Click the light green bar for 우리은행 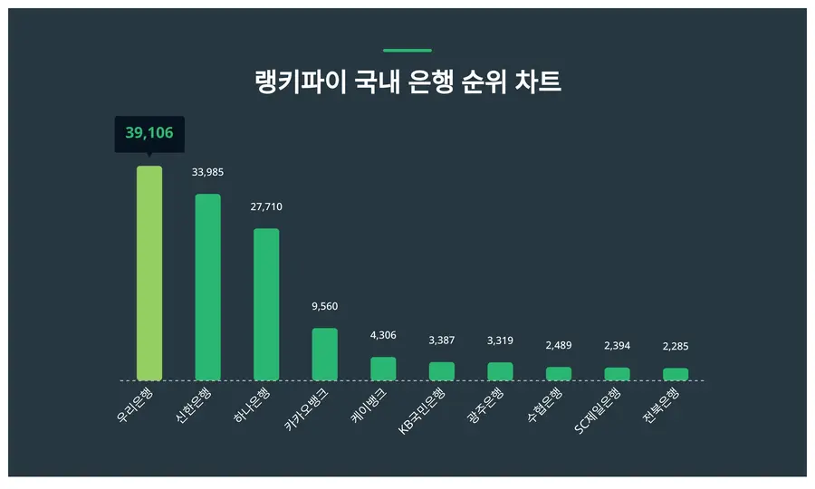click(x=149, y=273)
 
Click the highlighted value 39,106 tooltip click(x=149, y=134)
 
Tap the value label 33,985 click(x=208, y=172)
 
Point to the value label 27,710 click(x=266, y=206)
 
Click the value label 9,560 click(x=324, y=306)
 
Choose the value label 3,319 click(x=500, y=340)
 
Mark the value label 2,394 click(x=617, y=346)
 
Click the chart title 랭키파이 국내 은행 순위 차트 click(x=407, y=81)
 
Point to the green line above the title click(x=407, y=51)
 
